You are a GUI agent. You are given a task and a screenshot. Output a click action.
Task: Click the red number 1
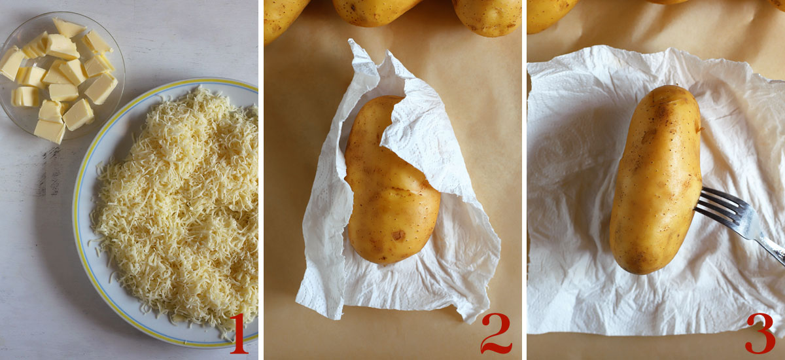pyautogui.click(x=238, y=333)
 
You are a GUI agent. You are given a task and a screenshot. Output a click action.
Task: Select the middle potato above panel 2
pyautogui.click(x=375, y=10)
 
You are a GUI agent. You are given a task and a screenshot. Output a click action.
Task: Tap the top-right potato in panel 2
pyautogui.click(x=487, y=14)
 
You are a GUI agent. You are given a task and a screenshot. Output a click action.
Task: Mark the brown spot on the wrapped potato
pyautogui.click(x=398, y=234)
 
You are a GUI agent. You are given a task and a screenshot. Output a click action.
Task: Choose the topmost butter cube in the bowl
pyautogui.click(x=68, y=27)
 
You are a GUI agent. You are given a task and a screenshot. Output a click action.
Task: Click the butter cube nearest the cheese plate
pyautogui.click(x=78, y=114)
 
